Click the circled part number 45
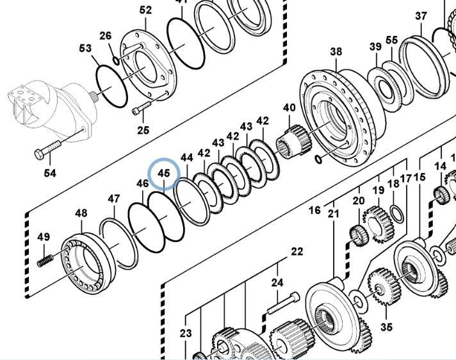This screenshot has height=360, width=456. (164, 173)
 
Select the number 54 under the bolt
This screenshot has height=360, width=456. (49, 174)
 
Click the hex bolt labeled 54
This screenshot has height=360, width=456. (45, 152)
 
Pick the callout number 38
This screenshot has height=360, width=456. (336, 52)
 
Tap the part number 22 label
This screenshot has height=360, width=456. (297, 252)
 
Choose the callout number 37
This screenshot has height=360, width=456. (421, 16)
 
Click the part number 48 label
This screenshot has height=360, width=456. (81, 213)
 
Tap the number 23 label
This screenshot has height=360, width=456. (186, 332)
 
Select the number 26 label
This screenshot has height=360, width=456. (105, 36)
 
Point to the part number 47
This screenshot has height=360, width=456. (113, 199)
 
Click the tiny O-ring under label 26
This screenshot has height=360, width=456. (116, 60)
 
